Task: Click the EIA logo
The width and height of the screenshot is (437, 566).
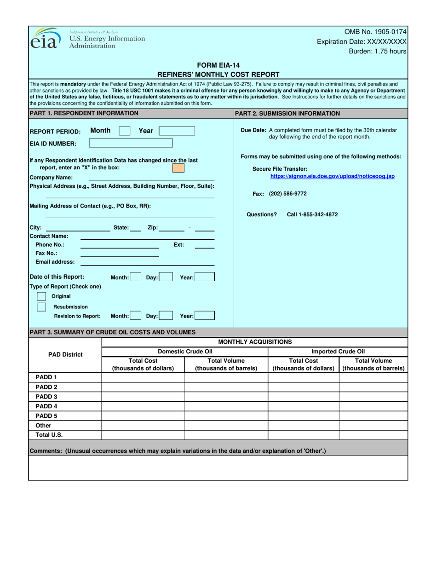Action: tap(45, 38)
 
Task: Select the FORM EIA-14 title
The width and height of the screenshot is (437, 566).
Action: tap(218, 65)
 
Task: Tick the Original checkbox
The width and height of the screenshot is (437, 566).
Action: tap(41, 296)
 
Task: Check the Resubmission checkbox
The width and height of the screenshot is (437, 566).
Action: tap(41, 306)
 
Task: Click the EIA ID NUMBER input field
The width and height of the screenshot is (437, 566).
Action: tap(131, 143)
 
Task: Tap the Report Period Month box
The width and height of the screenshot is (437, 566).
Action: tap(124, 131)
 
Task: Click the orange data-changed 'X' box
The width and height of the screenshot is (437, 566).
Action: tap(178, 168)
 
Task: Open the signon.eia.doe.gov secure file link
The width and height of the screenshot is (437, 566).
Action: tap(332, 176)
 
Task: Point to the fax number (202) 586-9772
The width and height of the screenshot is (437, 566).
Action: tap(287, 194)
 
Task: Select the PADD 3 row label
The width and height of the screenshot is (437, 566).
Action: tap(46, 396)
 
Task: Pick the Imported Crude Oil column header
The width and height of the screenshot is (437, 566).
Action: tap(338, 352)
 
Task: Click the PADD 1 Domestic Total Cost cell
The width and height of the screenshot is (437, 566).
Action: tap(143, 377)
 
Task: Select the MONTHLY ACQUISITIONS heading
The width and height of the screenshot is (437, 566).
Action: tap(254, 341)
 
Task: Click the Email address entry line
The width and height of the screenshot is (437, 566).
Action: tap(147, 262)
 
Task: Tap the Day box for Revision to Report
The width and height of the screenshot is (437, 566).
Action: tap(166, 316)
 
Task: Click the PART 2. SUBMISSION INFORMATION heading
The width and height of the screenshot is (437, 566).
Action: tap(287, 113)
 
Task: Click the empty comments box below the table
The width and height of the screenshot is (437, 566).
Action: tap(218, 468)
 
